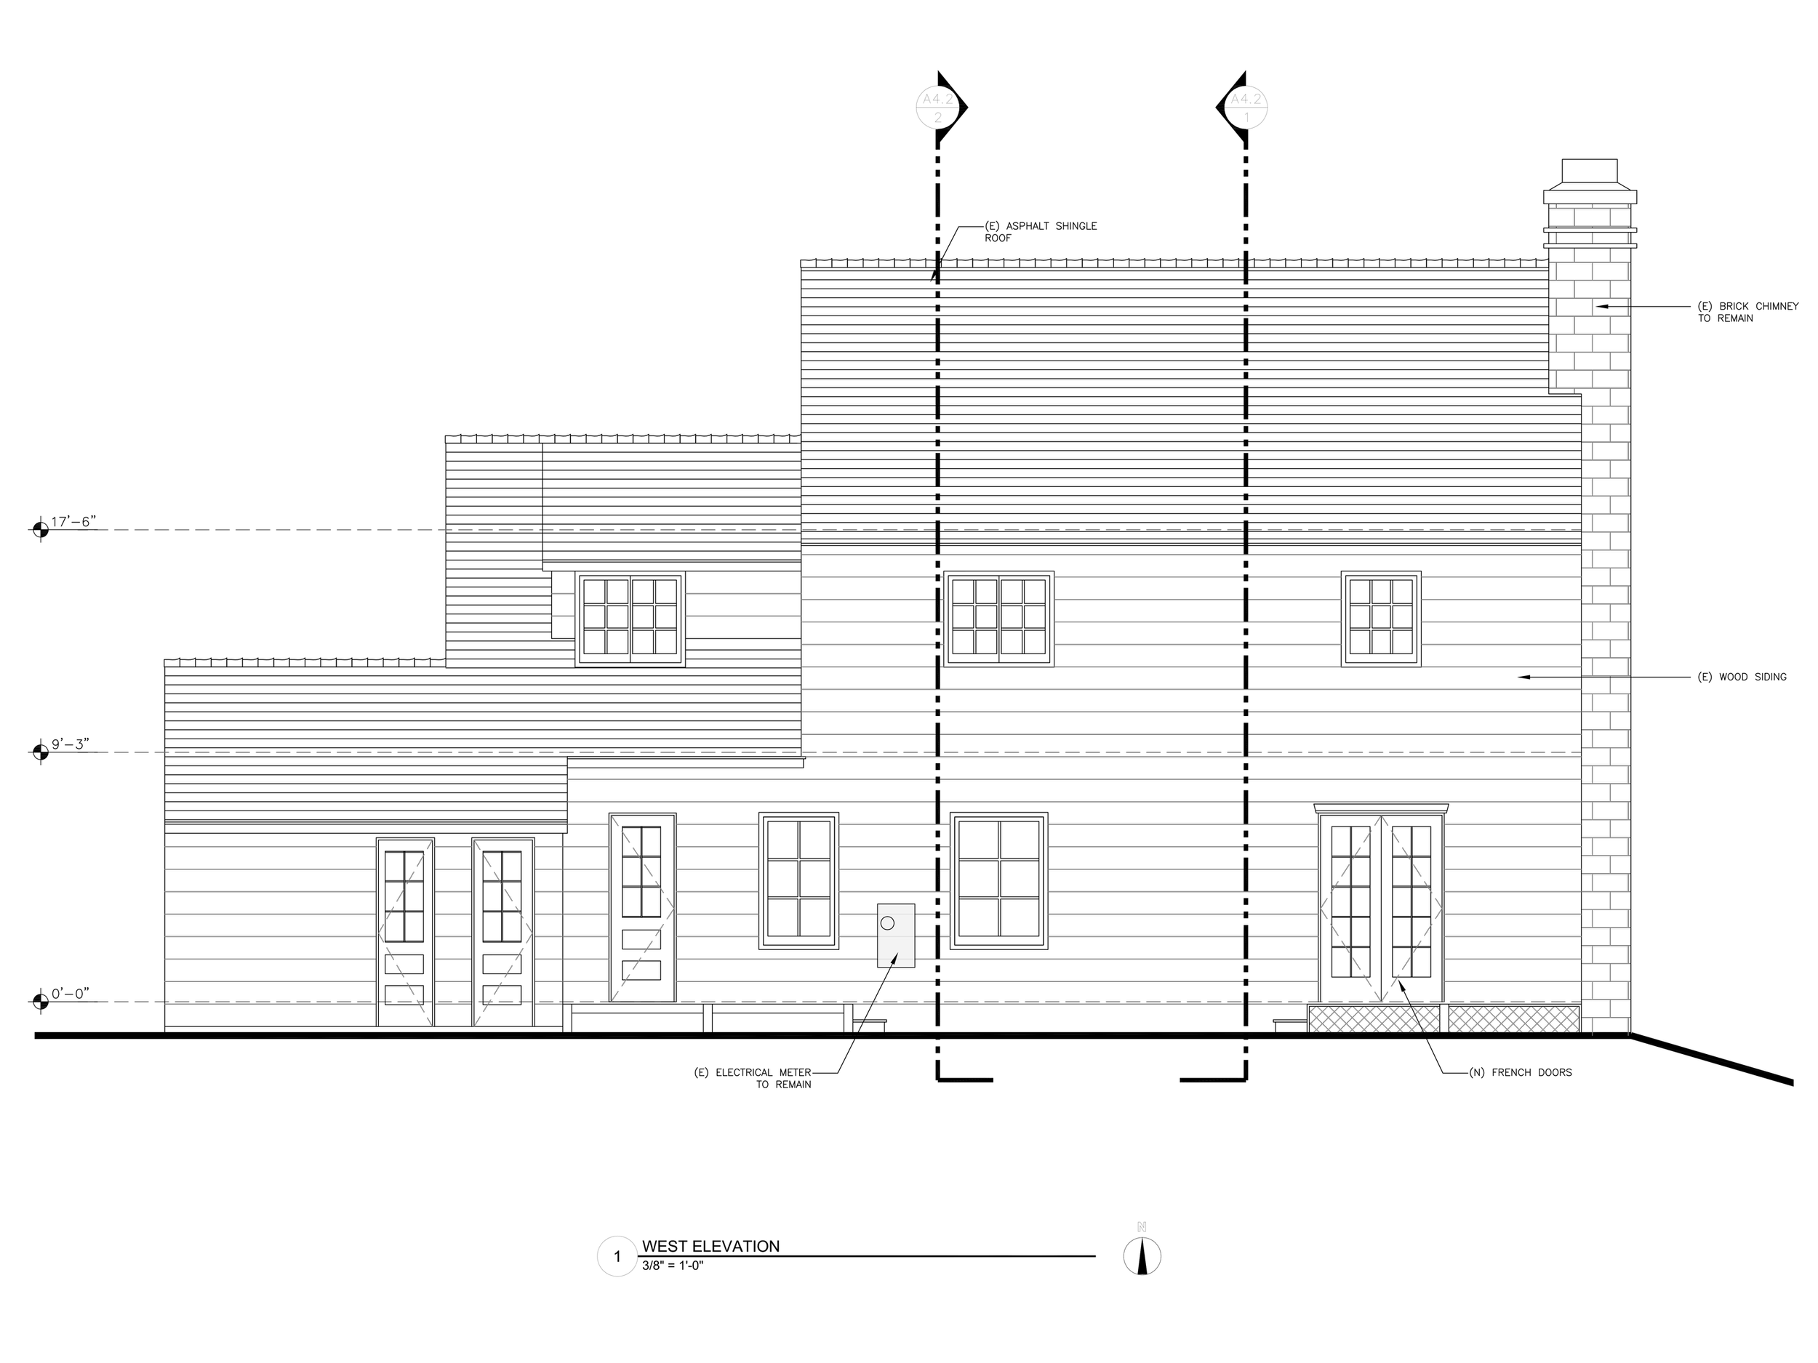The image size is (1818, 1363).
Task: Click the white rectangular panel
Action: [896, 936]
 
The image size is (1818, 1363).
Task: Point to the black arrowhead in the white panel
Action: [894, 959]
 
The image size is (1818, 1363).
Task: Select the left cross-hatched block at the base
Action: [1374, 1018]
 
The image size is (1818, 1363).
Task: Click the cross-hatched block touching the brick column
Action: [1513, 1018]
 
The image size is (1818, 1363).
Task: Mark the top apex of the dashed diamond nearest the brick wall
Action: [1382, 816]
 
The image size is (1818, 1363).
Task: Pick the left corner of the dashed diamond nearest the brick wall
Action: [1321, 909]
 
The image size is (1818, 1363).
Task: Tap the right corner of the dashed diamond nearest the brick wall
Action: [1442, 909]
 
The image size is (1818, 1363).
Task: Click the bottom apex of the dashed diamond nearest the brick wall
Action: [1382, 1002]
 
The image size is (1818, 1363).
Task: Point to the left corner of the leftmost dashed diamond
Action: [378, 933]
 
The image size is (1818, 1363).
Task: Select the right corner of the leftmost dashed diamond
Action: [532, 933]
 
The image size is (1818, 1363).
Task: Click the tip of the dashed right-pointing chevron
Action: [674, 909]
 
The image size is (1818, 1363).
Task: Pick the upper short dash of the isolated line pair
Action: [563, 593]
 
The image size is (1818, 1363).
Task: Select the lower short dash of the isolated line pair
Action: [563, 616]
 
